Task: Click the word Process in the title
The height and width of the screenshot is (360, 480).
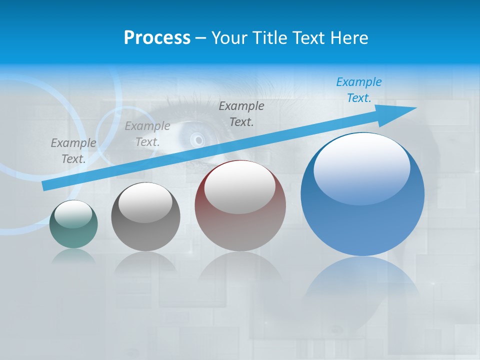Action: click(157, 37)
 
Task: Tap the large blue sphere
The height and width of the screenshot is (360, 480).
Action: click(362, 215)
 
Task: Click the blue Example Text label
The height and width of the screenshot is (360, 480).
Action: click(359, 90)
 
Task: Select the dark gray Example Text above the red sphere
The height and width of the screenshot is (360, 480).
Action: click(241, 113)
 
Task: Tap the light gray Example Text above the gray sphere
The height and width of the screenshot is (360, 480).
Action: click(147, 134)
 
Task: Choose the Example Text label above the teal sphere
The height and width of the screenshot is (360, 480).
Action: click(73, 150)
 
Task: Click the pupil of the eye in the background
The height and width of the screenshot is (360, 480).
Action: click(198, 139)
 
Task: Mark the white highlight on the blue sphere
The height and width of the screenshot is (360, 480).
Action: click(361, 167)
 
